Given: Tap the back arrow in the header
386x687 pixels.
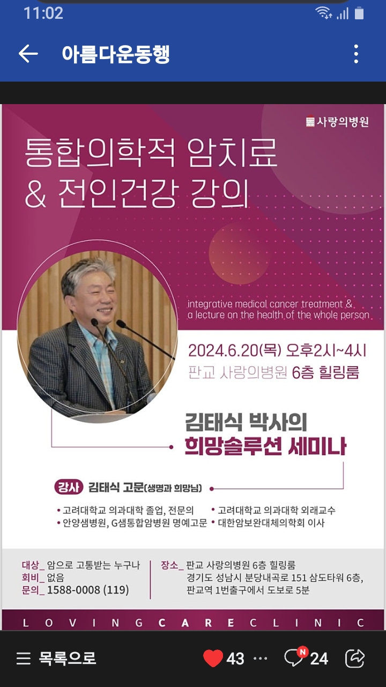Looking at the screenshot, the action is [28, 54].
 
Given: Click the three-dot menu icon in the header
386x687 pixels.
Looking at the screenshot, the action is [356, 54].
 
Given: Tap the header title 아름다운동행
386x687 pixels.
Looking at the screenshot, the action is [116, 54].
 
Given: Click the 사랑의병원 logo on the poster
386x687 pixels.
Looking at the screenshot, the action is [338, 122].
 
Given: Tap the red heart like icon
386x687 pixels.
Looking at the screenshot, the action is [213, 658].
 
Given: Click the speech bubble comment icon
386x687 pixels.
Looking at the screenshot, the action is [293, 659].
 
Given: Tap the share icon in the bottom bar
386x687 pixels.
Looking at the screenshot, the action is [355, 658].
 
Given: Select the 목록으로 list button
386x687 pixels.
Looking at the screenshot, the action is [56, 658].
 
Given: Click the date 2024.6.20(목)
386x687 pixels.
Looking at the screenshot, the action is [235, 350].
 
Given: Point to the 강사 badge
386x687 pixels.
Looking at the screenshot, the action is [69, 487].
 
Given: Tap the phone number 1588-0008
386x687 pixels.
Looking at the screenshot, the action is [73, 590].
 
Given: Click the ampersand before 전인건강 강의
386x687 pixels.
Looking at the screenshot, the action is [35, 193].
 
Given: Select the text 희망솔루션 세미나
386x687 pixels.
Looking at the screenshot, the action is [265, 447].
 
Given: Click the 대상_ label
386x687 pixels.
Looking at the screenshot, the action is [33, 565].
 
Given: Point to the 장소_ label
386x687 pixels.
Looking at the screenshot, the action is [172, 565].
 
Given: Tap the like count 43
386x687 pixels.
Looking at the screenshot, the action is [235, 659].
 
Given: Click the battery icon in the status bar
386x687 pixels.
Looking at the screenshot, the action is [359, 13].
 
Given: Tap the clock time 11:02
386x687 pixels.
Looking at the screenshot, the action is [43, 13].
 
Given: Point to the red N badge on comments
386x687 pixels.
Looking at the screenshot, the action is [303, 652].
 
